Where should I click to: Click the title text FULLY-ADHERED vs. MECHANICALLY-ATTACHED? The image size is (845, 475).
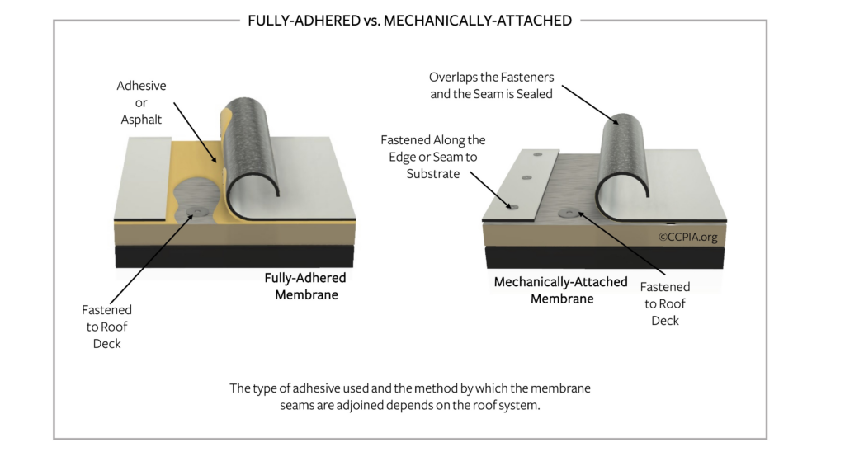click(x=409, y=21)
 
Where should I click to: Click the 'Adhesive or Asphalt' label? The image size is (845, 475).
click(x=141, y=103)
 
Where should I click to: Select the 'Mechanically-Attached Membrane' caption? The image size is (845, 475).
click(x=561, y=290)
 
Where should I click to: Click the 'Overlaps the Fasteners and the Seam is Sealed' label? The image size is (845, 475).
click(x=491, y=85)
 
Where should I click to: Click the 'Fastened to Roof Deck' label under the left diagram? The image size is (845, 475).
click(x=106, y=327)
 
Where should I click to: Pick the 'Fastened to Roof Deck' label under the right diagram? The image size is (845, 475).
click(x=665, y=303)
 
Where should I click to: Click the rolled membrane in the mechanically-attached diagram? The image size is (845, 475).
click(x=624, y=161)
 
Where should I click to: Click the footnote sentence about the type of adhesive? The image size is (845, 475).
click(x=409, y=397)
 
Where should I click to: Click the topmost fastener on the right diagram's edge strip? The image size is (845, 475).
click(x=537, y=153)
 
